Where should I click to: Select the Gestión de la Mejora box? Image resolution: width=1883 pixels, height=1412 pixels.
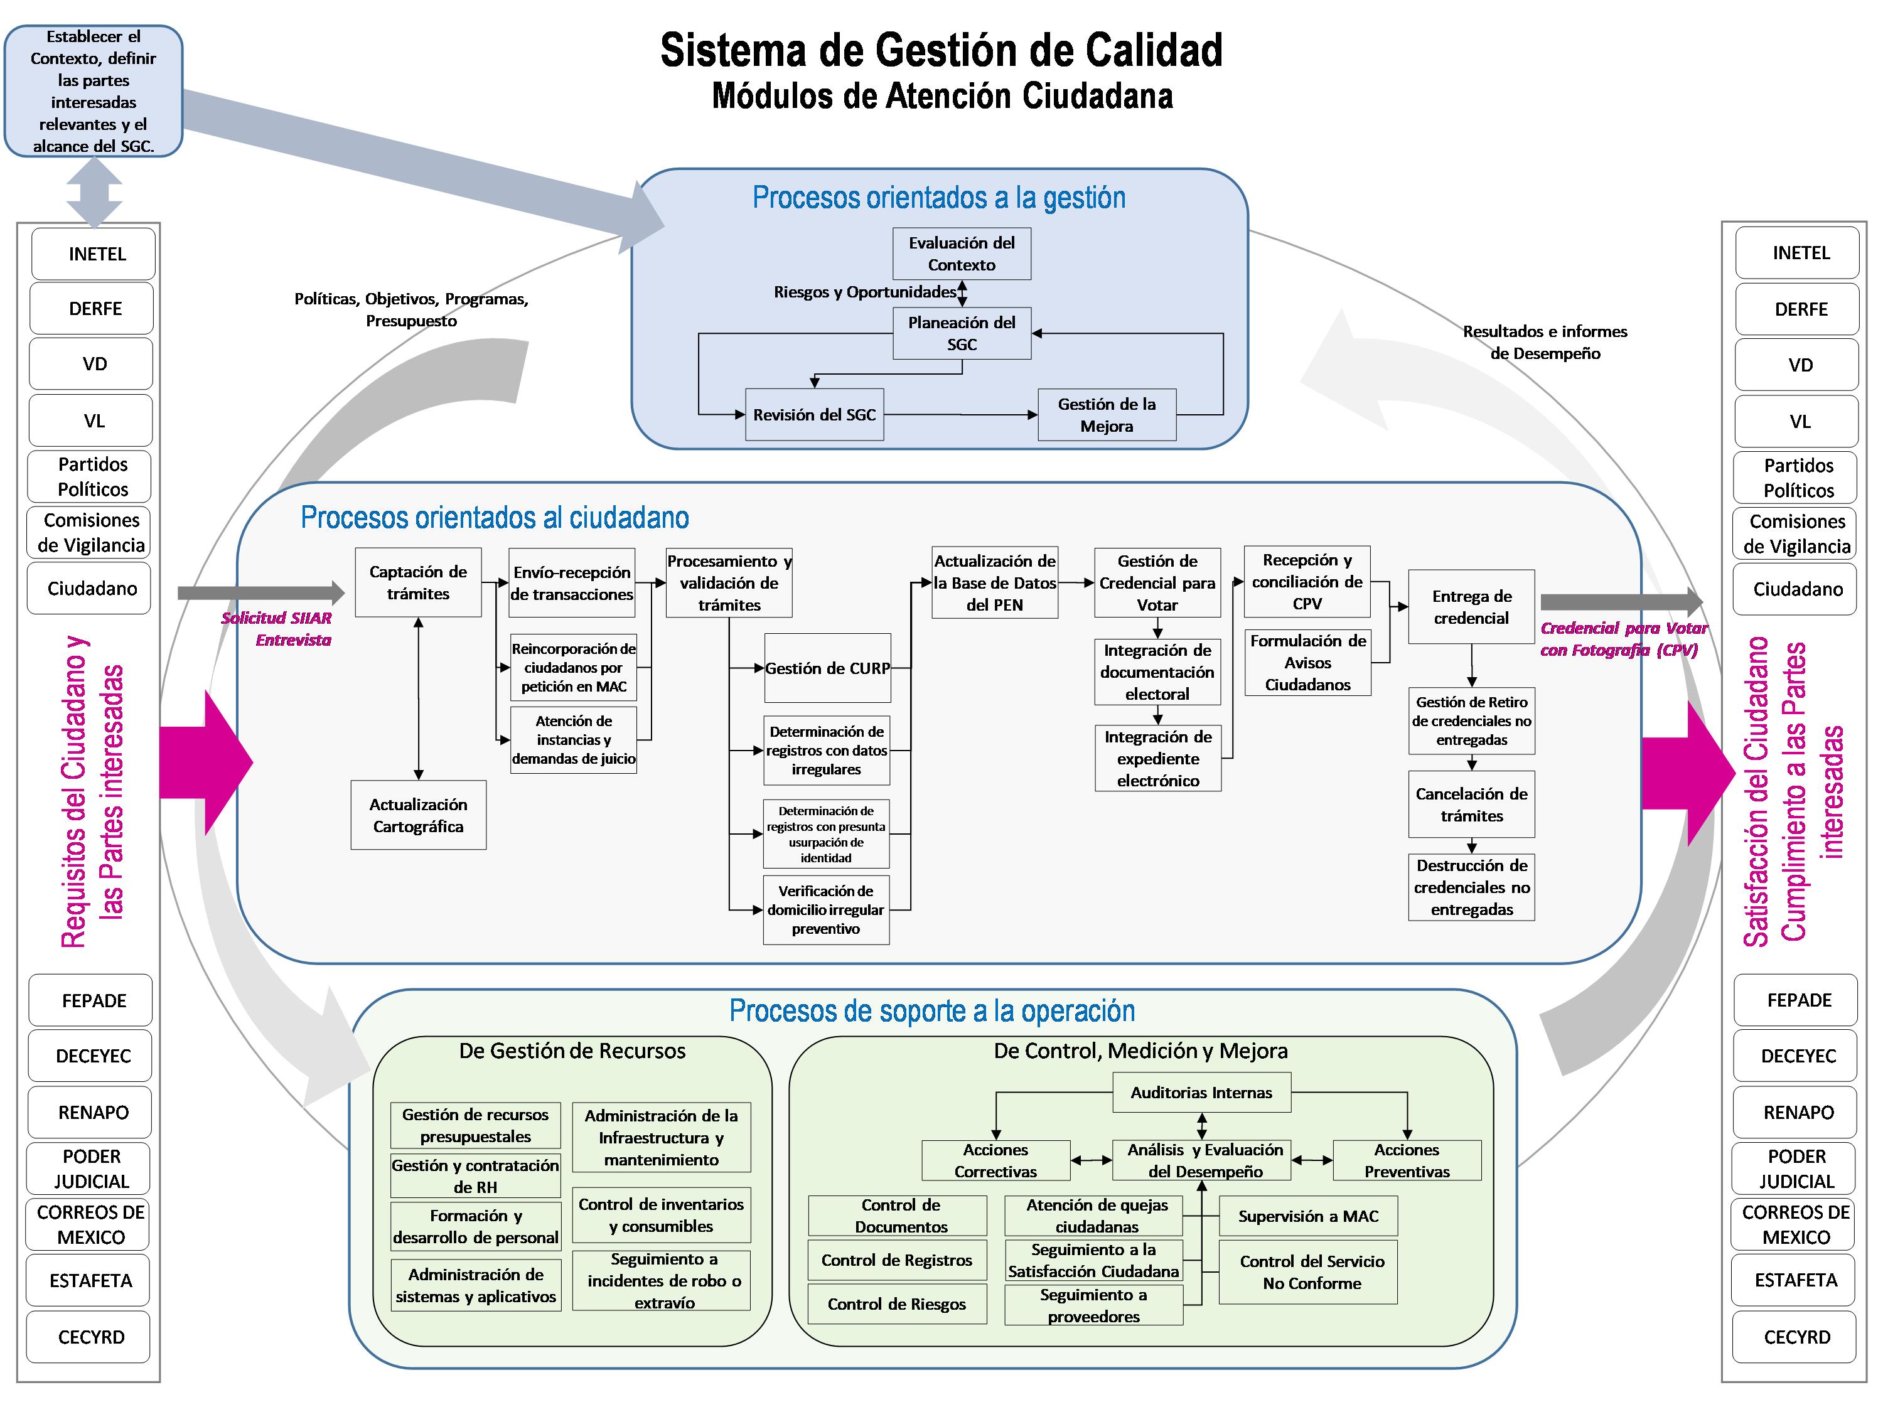[1107, 415]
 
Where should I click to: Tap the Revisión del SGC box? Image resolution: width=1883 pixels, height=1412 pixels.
[814, 415]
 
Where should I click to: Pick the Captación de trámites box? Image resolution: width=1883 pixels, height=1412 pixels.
[418, 583]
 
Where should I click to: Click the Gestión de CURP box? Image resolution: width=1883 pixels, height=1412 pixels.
[827, 668]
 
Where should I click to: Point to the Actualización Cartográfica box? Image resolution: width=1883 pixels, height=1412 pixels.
[418, 815]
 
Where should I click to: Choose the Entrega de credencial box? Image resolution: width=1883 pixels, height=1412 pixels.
[1471, 607]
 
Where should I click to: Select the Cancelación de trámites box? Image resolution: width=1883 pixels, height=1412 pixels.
[1471, 805]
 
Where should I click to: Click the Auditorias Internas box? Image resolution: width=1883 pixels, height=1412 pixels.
[1201, 1093]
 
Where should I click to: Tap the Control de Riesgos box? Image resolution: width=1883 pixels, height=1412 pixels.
[896, 1304]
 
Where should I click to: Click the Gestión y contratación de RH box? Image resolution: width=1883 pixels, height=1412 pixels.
[475, 1175]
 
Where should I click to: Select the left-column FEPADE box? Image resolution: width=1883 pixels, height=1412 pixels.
[94, 1001]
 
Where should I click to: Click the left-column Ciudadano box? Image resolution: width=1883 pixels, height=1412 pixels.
[92, 588]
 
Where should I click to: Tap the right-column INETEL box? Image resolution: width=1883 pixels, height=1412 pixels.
[1800, 253]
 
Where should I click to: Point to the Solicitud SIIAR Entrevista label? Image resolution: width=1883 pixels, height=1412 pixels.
[277, 629]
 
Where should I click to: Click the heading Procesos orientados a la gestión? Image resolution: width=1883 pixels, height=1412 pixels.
[938, 198]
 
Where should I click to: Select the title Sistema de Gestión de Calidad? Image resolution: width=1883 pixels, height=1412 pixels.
[942, 50]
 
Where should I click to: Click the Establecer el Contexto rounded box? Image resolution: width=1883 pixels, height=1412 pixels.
[94, 91]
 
